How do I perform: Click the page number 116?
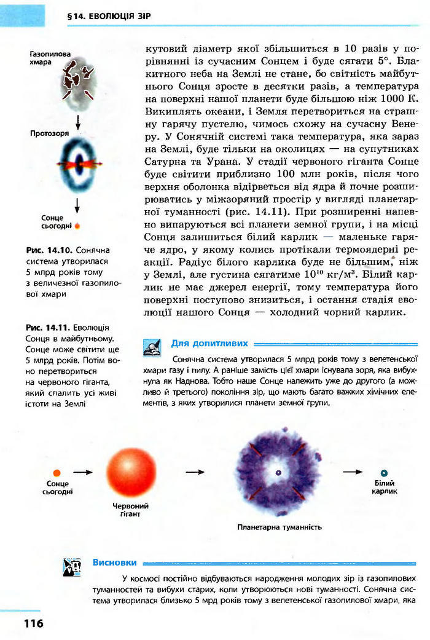[x=34, y=623]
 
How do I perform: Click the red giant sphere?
[x=130, y=472]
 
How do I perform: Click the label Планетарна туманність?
[x=279, y=527]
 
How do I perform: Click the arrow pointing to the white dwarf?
[x=352, y=472]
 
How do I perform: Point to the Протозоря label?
[x=50, y=133]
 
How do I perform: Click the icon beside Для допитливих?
[x=150, y=348]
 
